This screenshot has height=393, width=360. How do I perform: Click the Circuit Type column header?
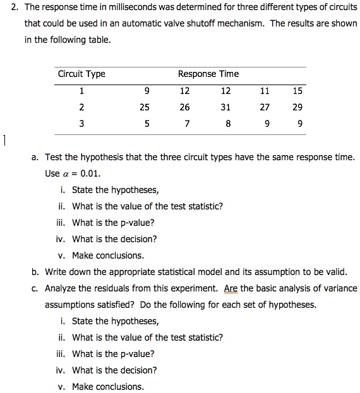tap(81, 74)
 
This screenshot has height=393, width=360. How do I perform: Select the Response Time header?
tap(208, 74)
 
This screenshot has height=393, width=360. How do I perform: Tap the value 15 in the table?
tap(297, 91)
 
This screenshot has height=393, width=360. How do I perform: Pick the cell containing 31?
tap(225, 107)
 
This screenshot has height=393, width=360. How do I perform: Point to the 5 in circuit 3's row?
tap(147, 124)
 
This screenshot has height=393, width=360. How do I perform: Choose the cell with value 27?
tap(266, 107)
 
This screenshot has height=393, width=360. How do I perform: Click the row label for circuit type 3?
tap(81, 124)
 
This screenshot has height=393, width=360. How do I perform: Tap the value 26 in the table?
tap(184, 107)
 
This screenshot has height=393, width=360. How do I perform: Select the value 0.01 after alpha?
tap(91, 173)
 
